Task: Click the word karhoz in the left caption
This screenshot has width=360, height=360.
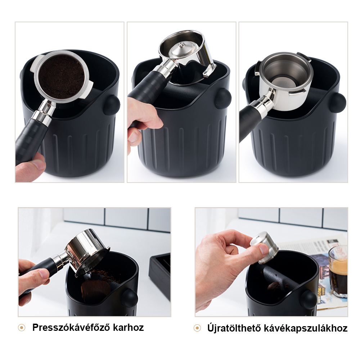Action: [128, 327]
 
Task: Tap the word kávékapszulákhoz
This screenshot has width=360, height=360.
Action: [306, 328]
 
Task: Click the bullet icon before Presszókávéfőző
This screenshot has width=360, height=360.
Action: [21, 328]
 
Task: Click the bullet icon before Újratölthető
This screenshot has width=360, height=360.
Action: [197, 328]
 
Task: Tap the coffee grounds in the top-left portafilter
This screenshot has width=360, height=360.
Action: [62, 76]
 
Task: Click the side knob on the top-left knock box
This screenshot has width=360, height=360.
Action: [112, 105]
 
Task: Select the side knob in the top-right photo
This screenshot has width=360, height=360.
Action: [338, 102]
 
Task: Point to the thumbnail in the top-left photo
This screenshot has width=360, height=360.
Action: [39, 165]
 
